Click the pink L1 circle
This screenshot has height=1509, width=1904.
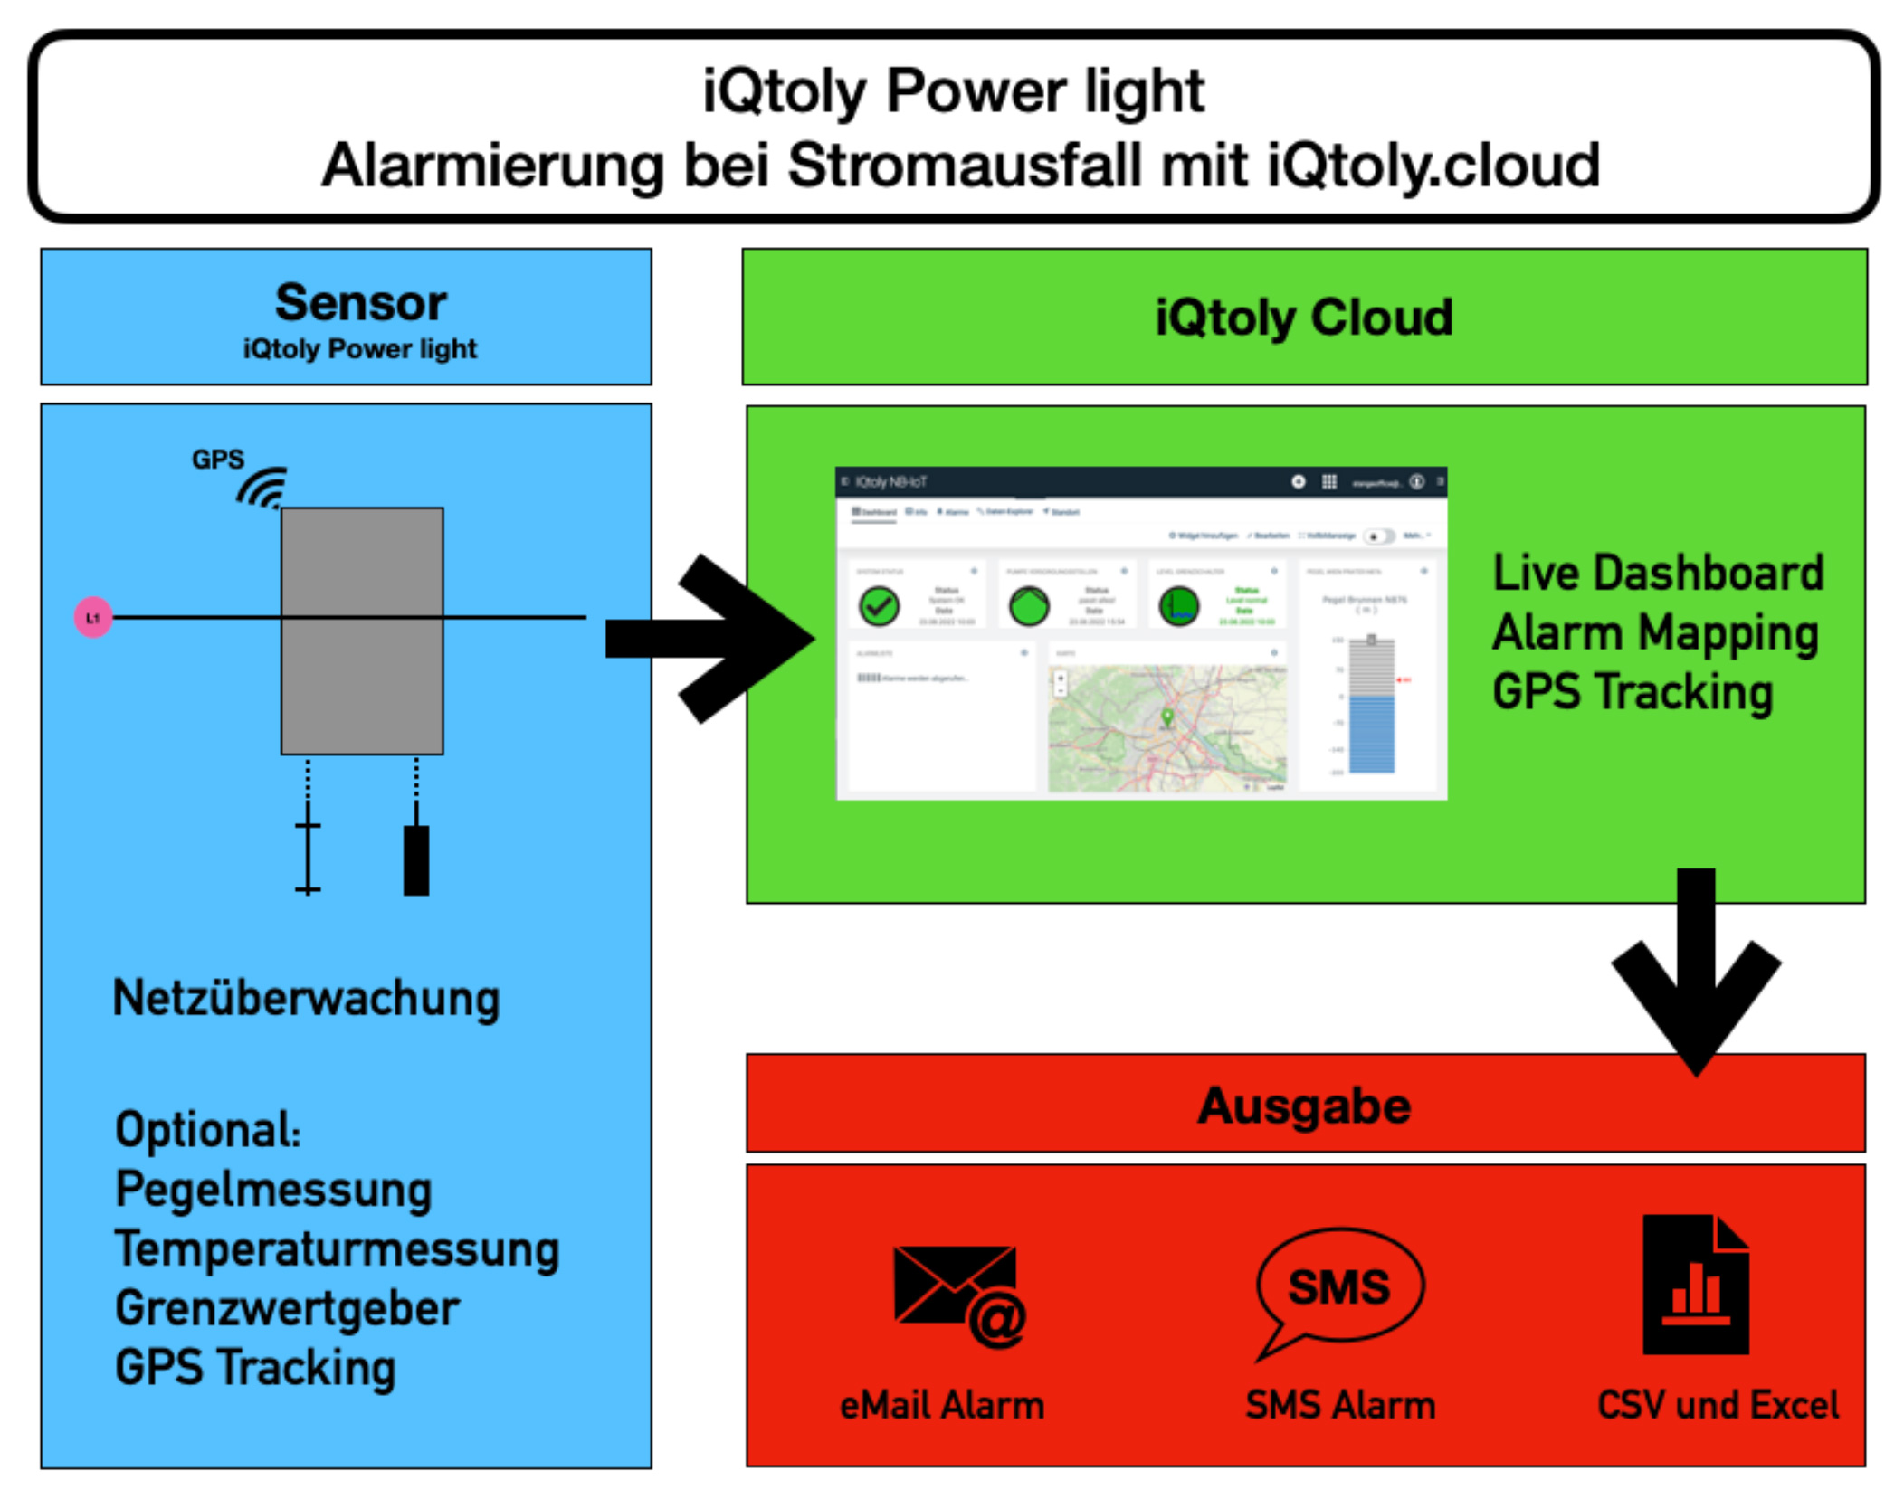point(92,617)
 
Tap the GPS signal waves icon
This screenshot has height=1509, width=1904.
point(263,489)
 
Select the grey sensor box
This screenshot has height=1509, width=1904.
point(361,631)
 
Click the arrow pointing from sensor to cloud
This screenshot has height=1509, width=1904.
point(715,638)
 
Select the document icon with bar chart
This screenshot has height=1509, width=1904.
point(1694,1285)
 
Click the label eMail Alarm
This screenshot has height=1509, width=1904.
point(941,1405)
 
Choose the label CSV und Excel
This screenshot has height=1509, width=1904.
point(1717,1405)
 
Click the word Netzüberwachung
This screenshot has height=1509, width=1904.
point(306,998)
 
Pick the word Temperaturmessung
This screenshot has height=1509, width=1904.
point(337,1248)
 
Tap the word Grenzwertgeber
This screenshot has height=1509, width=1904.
point(287,1308)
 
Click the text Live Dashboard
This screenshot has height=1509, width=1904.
point(1657,573)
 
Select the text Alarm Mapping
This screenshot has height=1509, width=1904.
point(1655,632)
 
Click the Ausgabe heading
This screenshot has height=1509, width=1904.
point(1304,1106)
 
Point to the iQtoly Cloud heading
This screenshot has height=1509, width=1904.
point(1303,317)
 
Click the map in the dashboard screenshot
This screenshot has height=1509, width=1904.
point(1166,728)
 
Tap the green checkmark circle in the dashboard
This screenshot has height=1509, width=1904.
point(879,606)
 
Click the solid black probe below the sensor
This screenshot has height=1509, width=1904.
point(415,859)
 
